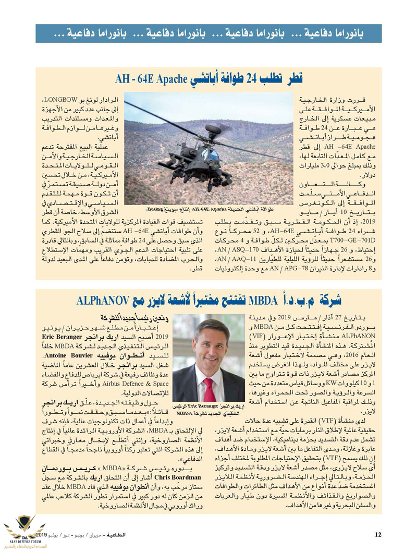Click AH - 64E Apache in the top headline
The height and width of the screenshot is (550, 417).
tap(151, 80)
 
